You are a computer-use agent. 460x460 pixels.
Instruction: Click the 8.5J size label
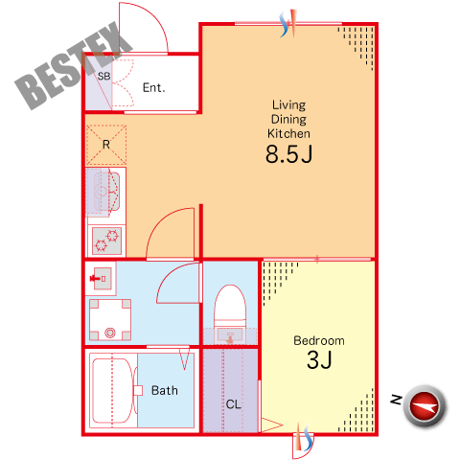288,154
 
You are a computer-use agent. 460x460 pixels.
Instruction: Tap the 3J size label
319,360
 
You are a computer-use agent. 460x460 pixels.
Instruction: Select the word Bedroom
319,340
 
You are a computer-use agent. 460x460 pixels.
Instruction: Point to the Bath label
165,390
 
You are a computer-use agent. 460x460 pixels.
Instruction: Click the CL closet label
234,404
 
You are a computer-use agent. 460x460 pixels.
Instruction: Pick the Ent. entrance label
153,87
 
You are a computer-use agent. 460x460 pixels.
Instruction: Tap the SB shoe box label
103,77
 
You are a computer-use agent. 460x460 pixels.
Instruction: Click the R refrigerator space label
106,145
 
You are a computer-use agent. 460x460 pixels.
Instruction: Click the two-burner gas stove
106,241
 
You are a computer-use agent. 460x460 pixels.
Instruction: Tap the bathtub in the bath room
112,390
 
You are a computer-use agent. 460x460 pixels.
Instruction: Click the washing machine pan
110,320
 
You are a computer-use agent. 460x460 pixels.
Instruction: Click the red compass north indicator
425,406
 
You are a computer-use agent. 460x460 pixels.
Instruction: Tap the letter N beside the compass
397,400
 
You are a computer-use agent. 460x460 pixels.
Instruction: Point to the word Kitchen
288,133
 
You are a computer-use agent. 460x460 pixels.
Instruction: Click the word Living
288,105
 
